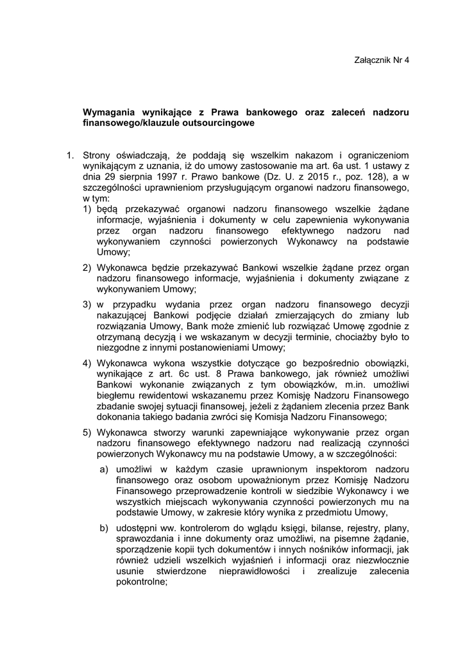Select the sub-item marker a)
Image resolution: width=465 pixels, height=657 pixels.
[103, 470]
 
